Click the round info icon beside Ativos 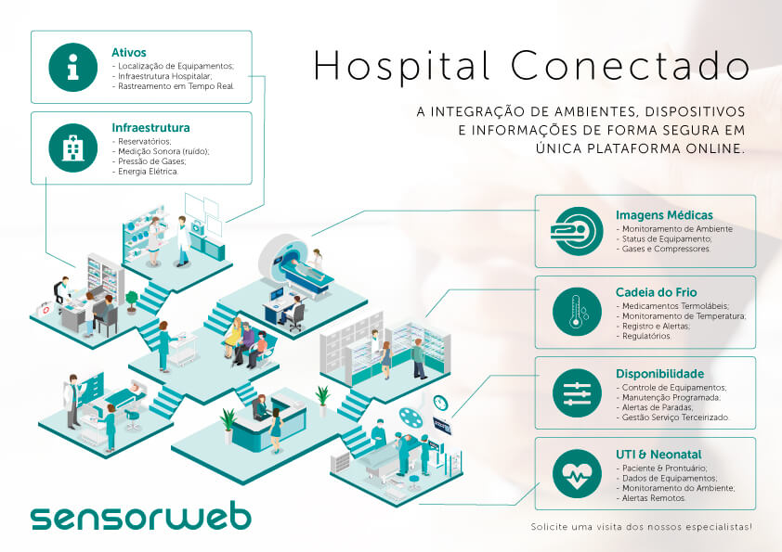click(x=72, y=67)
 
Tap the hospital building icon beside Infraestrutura click(x=72, y=148)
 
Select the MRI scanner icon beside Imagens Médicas click(x=578, y=231)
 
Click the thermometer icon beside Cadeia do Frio click(x=578, y=312)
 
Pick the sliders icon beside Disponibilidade click(x=578, y=393)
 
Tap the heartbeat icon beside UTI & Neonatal click(x=578, y=474)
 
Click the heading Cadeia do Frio click(x=656, y=292)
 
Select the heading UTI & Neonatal click(x=658, y=455)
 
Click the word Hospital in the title click(x=402, y=67)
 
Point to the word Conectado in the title click(x=630, y=65)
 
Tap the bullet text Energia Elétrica click(x=148, y=172)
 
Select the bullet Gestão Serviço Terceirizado click(x=675, y=417)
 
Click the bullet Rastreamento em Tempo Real click(x=176, y=86)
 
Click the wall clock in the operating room click(x=440, y=402)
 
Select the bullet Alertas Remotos click(x=653, y=498)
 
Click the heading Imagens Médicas click(x=664, y=214)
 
